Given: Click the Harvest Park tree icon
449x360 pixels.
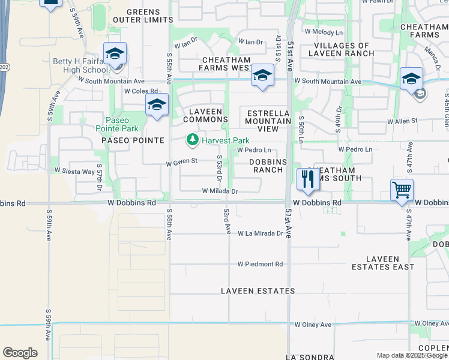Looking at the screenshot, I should click(x=192, y=140).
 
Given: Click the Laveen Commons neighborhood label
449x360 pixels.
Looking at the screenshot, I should click(x=205, y=115).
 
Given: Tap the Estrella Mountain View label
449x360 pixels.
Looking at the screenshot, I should click(x=267, y=121).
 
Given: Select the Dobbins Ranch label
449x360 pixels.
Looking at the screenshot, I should click(x=267, y=166).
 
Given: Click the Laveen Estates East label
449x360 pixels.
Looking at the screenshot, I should click(x=391, y=263).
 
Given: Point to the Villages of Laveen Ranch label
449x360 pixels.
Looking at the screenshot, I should click(x=342, y=49).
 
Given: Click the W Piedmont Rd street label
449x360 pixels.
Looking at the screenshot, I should click(x=259, y=264).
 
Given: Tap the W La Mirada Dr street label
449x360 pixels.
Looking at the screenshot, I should click(x=259, y=233).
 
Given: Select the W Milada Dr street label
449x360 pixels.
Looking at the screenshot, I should click(x=220, y=191).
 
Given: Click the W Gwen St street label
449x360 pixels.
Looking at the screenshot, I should click(x=181, y=161).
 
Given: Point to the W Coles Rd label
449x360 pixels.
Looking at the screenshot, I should click(x=140, y=91).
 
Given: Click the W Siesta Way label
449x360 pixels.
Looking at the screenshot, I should click(x=74, y=171).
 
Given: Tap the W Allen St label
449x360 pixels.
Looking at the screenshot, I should click(x=402, y=122).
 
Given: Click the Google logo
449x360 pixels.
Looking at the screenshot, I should click(x=20, y=353).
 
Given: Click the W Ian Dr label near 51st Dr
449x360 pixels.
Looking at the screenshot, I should click(x=250, y=42).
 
